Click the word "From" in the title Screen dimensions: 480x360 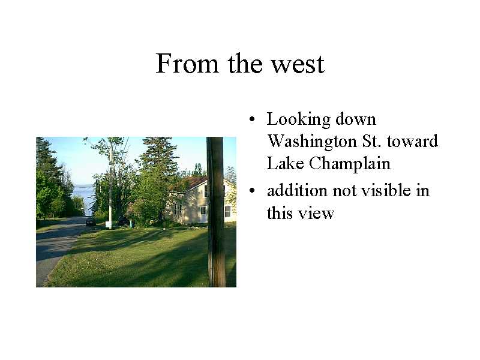(187, 64)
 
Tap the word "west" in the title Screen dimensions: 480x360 (298, 64)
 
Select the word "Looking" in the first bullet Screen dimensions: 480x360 (298, 119)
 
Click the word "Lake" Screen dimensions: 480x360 (286, 163)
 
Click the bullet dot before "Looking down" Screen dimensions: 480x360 (252, 119)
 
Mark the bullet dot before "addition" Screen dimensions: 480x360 (252, 190)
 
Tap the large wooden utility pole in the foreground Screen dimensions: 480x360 (216, 212)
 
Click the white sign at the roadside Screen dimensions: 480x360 (109, 224)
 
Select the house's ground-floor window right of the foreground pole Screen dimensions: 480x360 (228, 211)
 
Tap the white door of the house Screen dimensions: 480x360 (203, 214)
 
